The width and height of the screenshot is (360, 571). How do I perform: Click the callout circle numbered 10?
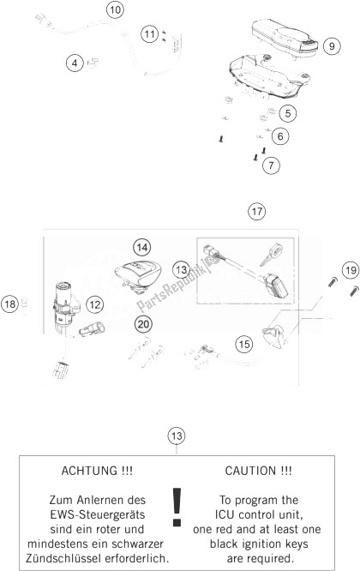point(115,9)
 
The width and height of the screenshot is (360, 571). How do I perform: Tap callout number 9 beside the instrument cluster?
point(331,46)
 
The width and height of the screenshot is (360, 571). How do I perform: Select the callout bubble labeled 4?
point(75,63)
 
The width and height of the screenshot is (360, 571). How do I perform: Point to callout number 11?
point(150,34)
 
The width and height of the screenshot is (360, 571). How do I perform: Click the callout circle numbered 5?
point(287,113)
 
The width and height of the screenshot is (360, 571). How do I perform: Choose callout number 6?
point(280,136)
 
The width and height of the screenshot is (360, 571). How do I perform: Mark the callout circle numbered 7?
point(271,165)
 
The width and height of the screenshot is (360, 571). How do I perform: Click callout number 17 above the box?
point(256,211)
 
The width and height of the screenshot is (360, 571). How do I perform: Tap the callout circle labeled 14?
point(141,248)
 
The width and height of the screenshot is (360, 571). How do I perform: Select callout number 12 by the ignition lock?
point(94,304)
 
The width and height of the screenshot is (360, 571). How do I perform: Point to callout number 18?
point(9,304)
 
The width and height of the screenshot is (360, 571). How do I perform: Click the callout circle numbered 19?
point(351,270)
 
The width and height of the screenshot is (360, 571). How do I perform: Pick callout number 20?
point(143,323)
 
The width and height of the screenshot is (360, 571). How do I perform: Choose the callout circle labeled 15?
point(244,344)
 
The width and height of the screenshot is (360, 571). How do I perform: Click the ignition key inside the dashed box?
point(272,255)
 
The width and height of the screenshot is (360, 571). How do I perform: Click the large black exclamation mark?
point(177,508)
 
